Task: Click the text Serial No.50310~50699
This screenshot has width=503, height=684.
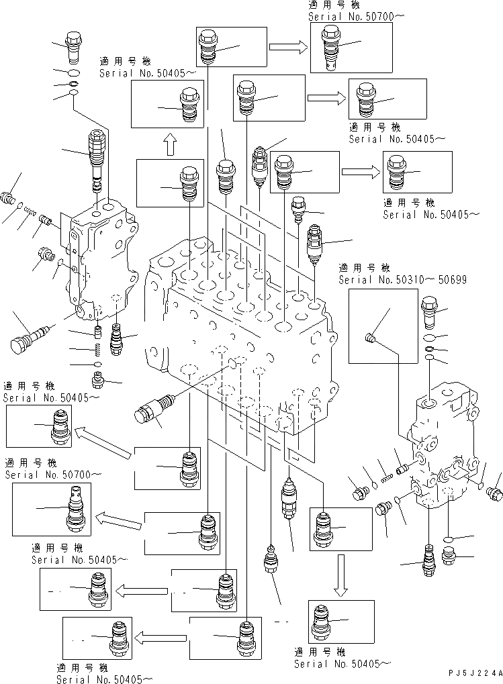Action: click(402, 279)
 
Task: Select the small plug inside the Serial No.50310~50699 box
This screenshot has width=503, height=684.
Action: click(368, 337)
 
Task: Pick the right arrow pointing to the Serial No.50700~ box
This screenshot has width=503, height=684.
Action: click(288, 46)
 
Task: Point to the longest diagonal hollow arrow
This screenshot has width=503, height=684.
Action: click(101, 443)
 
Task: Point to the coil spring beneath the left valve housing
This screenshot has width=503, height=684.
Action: click(99, 348)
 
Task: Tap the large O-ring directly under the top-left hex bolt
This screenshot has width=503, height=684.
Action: click(75, 72)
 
